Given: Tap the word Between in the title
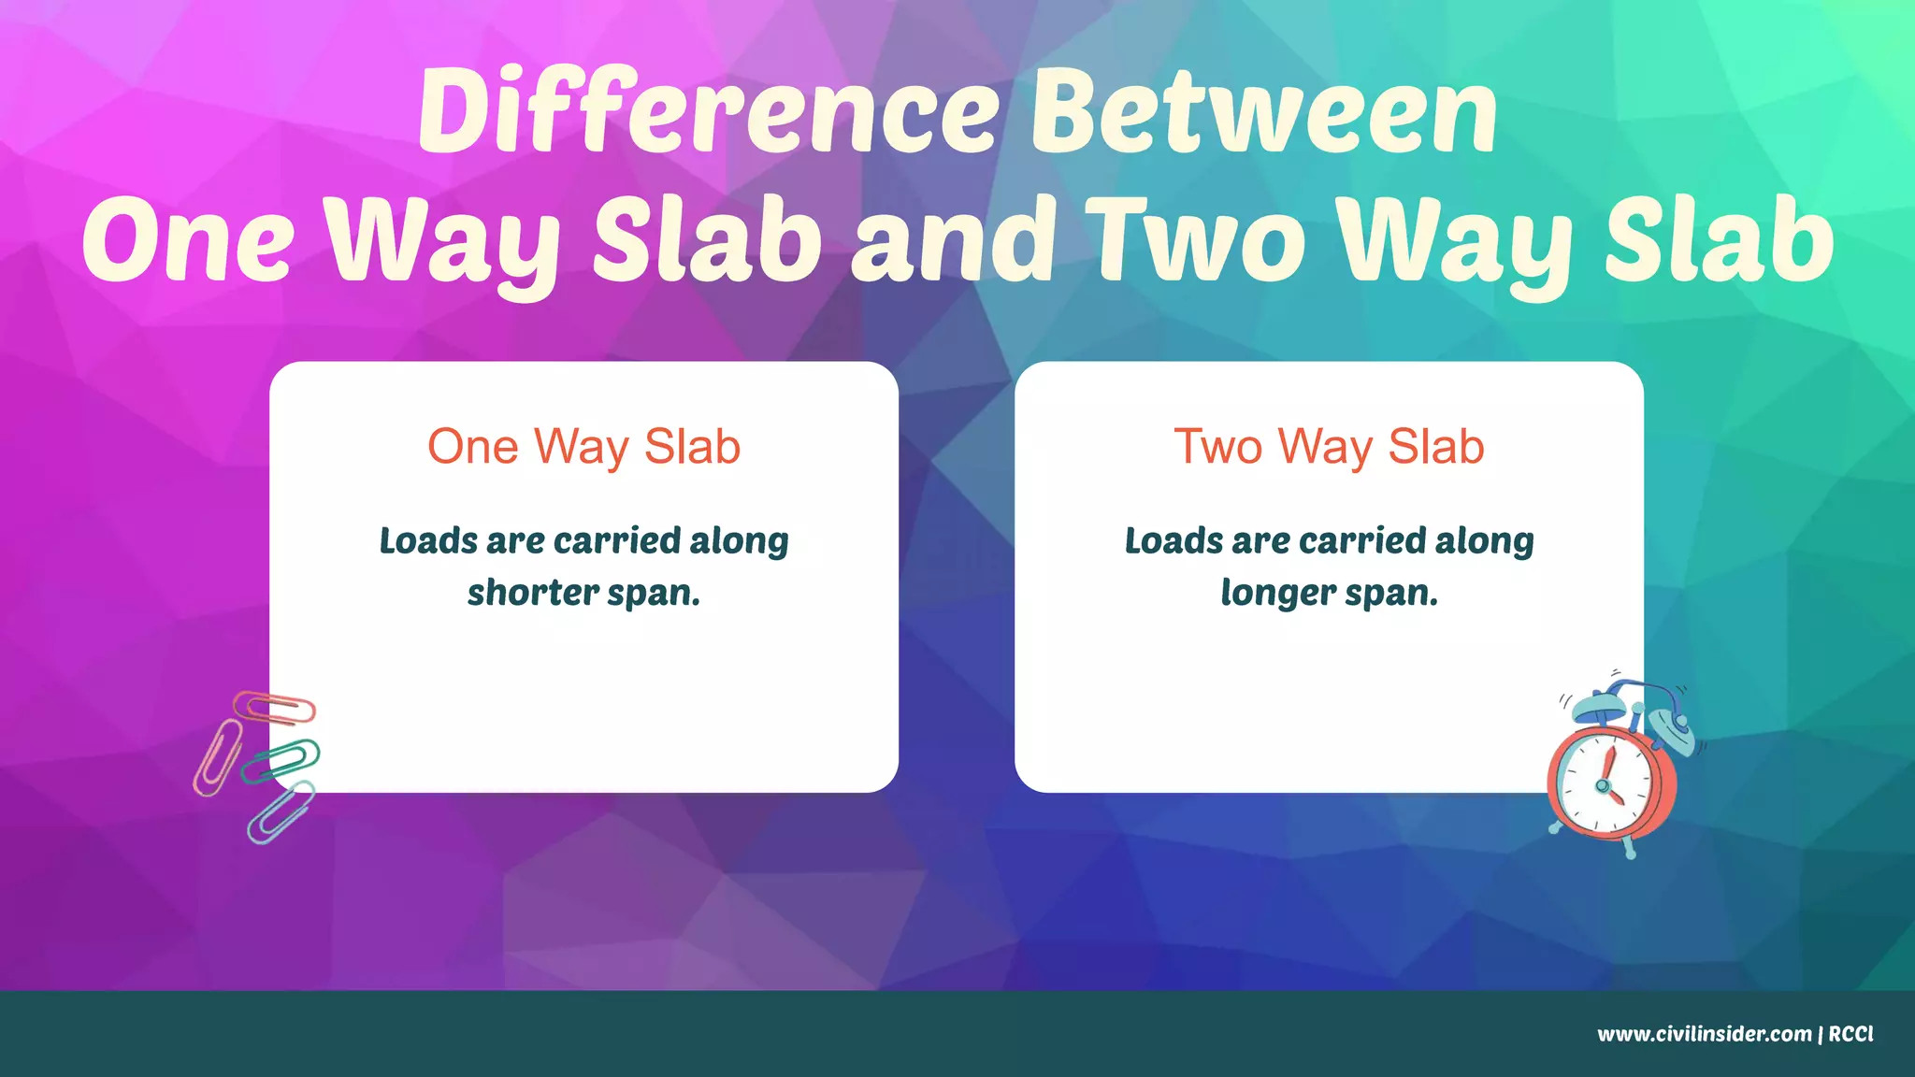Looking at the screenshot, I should (1264, 112).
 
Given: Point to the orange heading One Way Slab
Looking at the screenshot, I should (583, 447).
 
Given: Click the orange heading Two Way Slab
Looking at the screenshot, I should (1329, 447).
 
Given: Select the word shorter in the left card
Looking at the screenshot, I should (533, 593).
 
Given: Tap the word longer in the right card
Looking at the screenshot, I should (1278, 593).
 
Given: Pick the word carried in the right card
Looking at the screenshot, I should (1361, 541).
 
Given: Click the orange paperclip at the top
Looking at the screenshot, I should (275, 709).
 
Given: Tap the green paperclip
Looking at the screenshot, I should (281, 760).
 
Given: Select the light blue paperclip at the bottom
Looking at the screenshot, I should (281, 811).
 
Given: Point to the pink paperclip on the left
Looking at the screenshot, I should (217, 757).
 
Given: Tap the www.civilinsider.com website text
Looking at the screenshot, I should (1704, 1034).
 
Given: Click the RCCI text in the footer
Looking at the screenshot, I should (1850, 1034).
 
